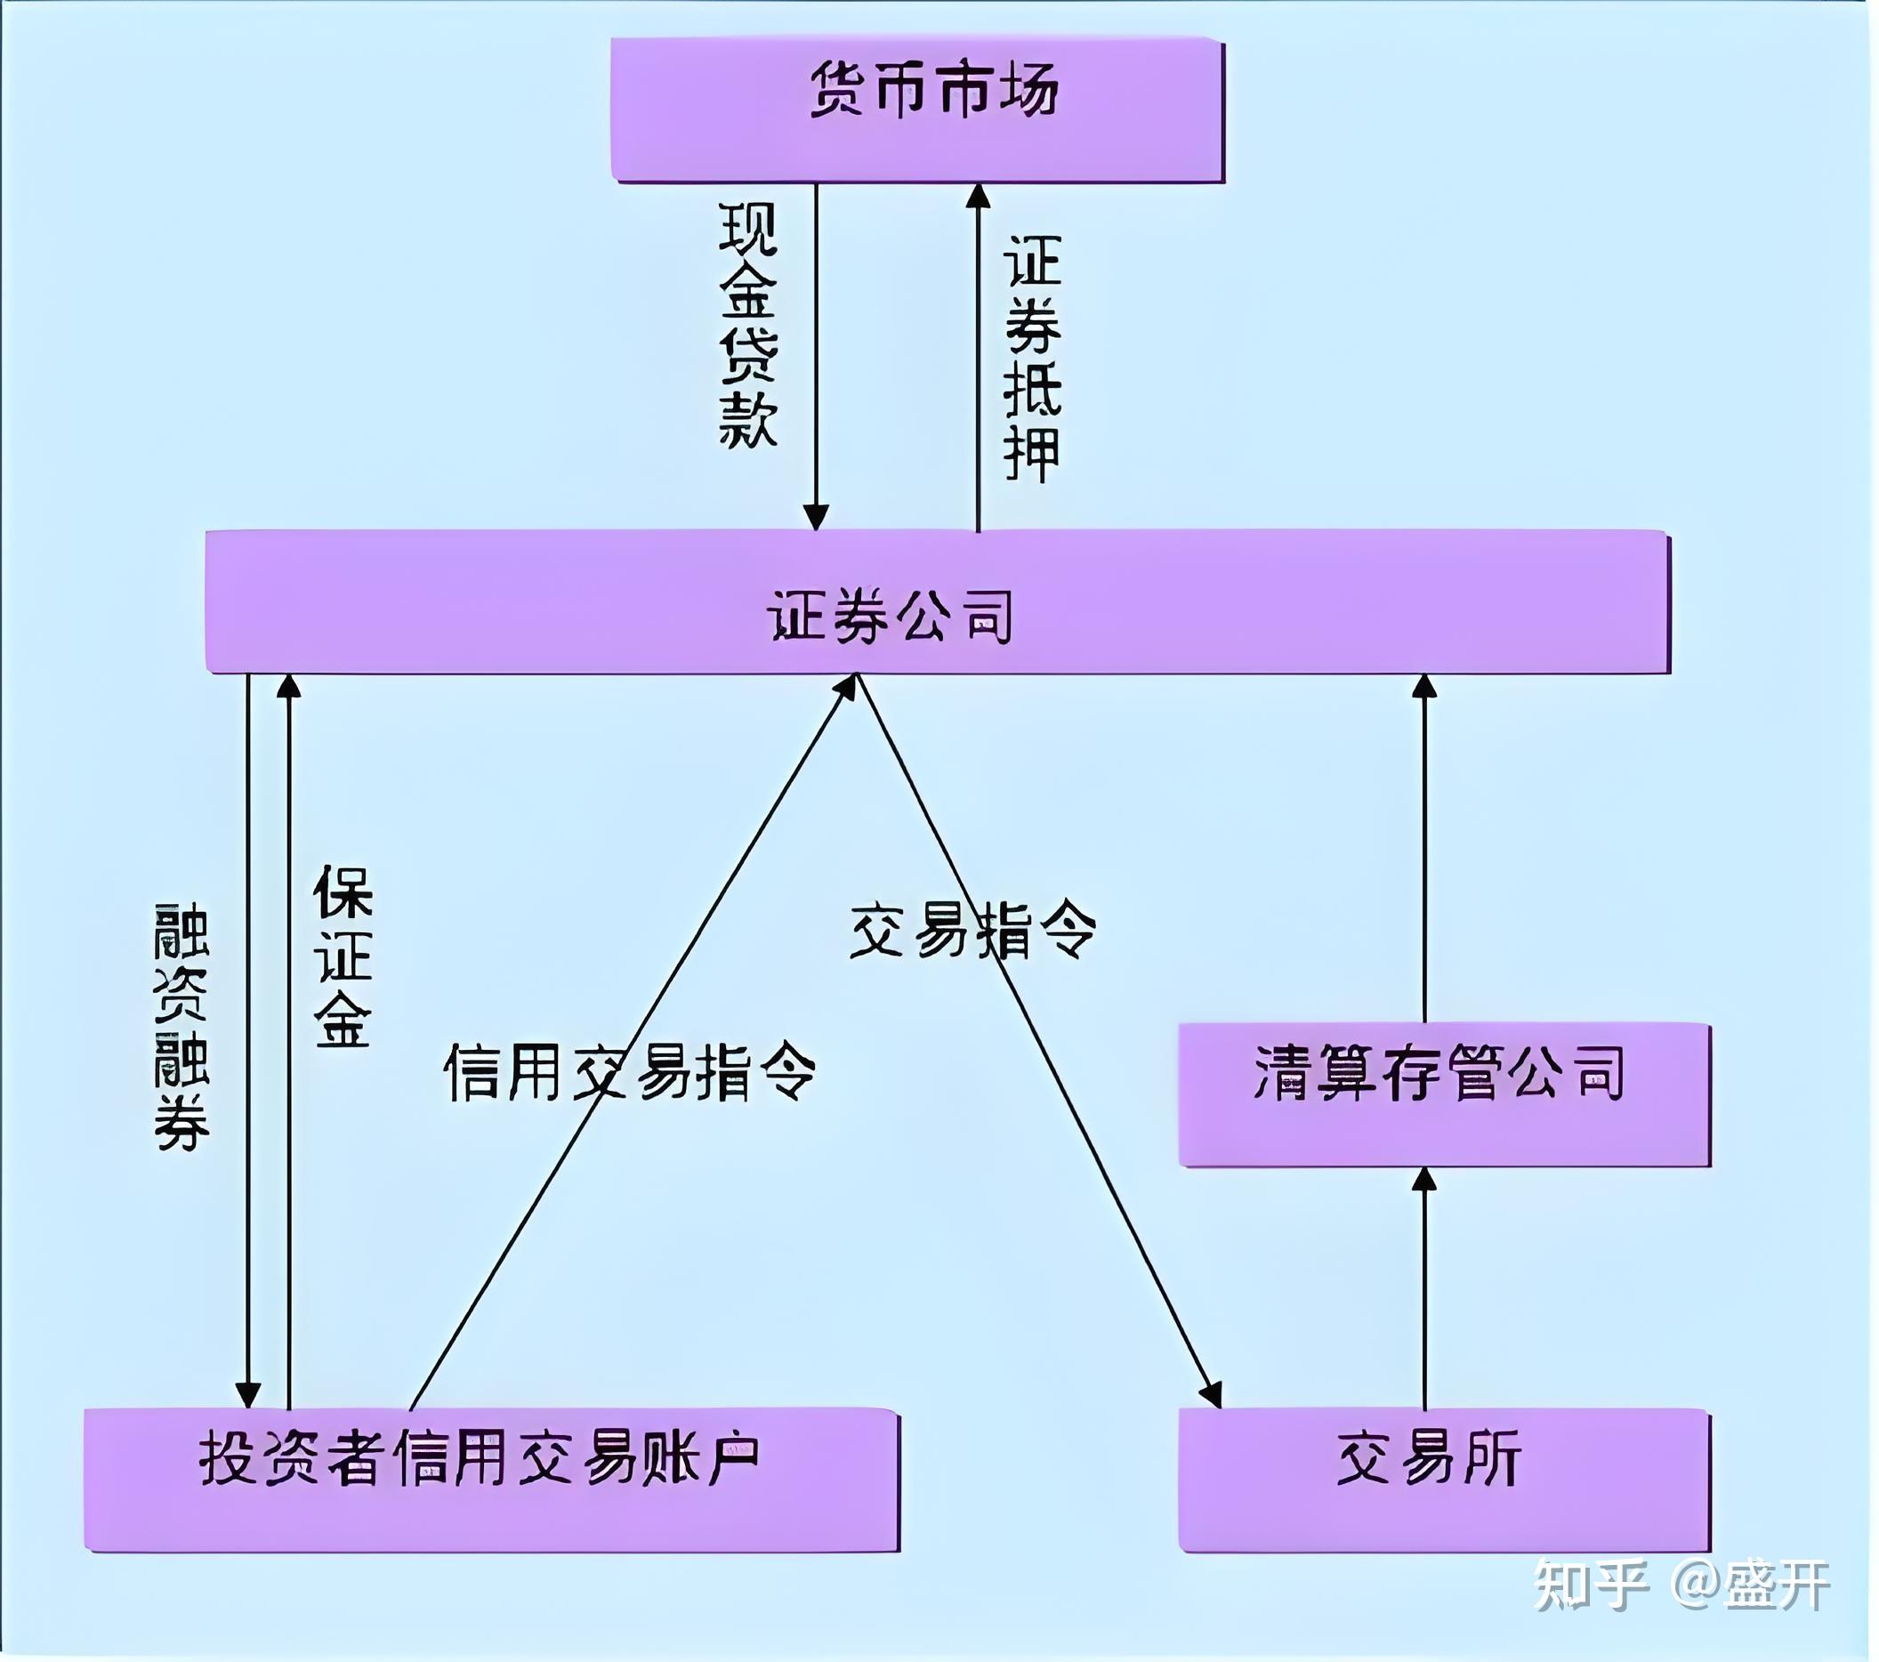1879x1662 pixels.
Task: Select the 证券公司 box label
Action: coord(890,616)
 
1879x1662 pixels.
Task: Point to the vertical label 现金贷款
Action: coord(748,327)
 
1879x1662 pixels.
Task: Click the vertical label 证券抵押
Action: coord(1032,359)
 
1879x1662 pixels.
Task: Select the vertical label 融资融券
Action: coord(181,1027)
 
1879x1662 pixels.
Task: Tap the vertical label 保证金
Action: coord(343,956)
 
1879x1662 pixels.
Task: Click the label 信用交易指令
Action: coord(631,1073)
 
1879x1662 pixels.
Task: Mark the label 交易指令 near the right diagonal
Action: coord(972,932)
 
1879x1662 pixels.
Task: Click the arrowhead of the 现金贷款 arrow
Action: coord(816,518)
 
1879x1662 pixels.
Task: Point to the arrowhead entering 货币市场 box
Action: coord(978,197)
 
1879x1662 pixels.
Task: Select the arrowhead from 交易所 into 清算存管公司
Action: coord(1424,1182)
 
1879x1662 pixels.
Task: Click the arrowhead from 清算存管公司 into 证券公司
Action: coord(1424,688)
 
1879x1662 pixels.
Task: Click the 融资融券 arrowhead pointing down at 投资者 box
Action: coord(248,1393)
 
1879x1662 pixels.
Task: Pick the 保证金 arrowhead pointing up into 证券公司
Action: coord(288,688)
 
